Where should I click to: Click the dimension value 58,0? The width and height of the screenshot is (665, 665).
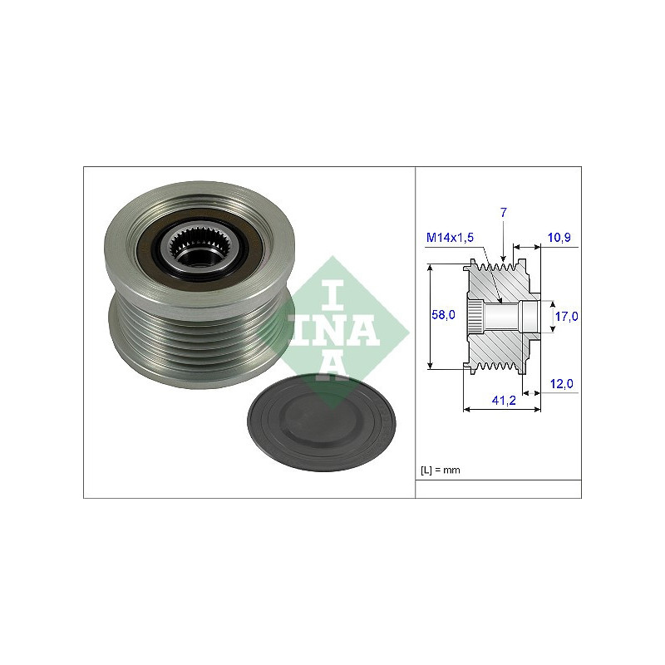[443, 315]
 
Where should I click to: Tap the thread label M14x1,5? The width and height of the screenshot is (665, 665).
[450, 238]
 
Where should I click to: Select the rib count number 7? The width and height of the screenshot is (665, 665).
[504, 213]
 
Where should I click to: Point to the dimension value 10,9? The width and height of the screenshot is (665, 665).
[559, 238]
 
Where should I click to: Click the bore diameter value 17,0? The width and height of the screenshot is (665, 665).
[567, 317]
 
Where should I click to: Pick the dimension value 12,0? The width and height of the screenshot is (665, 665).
[562, 384]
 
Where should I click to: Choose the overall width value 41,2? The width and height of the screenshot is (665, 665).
[504, 401]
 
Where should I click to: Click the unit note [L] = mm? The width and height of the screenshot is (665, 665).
[441, 470]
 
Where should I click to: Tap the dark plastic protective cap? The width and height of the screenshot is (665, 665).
[321, 423]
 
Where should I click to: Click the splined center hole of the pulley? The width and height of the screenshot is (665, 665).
[199, 247]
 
